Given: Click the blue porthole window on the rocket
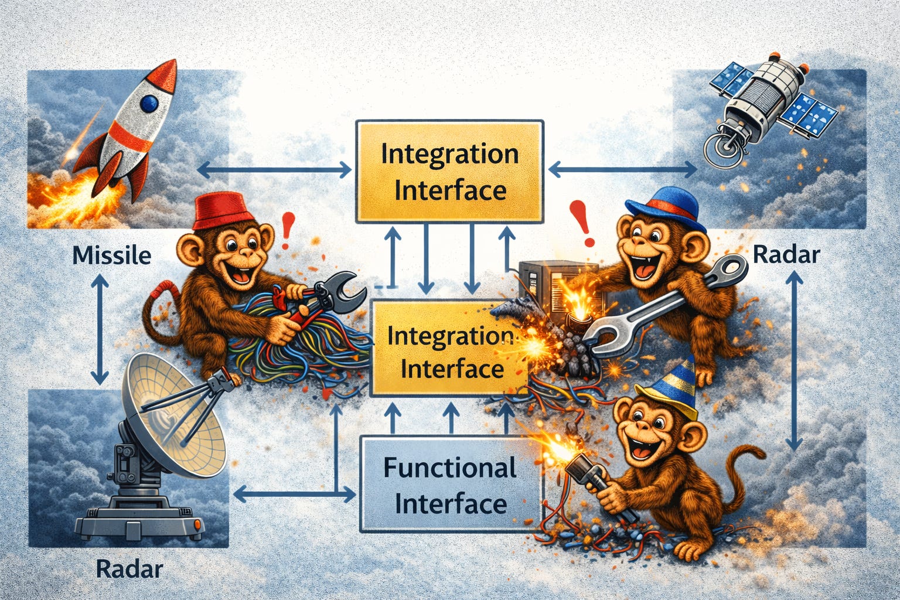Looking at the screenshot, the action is point(149,104).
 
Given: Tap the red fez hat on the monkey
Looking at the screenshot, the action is point(218,212).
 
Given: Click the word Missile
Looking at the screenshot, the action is point(111,255).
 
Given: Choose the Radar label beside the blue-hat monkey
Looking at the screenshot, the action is point(785,254).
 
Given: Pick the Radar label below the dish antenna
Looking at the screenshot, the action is point(129,568).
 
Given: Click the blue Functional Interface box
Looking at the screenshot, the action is point(451,485).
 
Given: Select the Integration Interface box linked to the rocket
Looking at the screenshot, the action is point(449,172).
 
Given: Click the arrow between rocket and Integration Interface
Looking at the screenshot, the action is point(274,171).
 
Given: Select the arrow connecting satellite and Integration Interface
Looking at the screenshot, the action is point(622,170).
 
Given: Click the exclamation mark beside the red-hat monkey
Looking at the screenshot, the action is point(287,230).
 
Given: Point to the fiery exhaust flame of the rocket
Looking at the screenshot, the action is point(62,187).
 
